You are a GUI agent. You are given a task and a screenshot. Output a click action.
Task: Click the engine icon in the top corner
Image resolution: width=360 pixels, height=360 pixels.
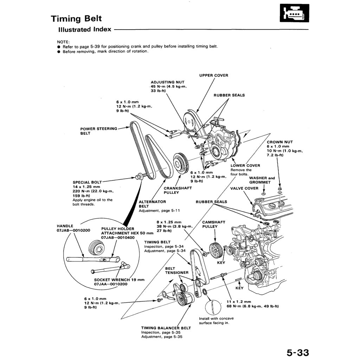click(294, 13)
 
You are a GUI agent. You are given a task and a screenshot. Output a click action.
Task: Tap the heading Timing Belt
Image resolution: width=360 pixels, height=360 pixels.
click(76, 18)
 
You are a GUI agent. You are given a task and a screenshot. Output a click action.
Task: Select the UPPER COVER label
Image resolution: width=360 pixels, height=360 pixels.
click(213, 75)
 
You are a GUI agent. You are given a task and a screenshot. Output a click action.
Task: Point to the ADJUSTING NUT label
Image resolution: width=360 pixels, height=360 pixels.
click(167, 82)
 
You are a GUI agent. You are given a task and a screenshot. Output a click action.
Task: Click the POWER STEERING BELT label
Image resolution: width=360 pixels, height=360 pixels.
click(98, 131)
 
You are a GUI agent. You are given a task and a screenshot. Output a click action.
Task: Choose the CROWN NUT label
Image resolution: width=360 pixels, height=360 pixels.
click(279, 142)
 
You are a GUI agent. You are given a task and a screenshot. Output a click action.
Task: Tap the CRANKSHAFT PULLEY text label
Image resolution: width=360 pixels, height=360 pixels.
click(178, 190)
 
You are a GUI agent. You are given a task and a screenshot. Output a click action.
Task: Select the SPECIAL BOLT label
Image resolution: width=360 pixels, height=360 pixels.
click(87, 182)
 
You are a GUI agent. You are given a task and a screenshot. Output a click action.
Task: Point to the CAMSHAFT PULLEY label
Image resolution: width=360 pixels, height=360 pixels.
click(213, 224)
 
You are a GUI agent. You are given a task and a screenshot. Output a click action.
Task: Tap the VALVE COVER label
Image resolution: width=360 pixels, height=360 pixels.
click(244, 188)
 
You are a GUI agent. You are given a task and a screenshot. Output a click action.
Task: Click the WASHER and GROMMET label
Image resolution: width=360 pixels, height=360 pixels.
click(262, 180)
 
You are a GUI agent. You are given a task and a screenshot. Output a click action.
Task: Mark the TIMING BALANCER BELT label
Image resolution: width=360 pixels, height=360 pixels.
click(166, 328)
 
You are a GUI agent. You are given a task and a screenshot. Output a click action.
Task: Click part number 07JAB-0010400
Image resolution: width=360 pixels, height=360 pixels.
click(118, 238)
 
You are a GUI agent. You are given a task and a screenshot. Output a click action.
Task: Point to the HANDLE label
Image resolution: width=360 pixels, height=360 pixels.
click(65, 226)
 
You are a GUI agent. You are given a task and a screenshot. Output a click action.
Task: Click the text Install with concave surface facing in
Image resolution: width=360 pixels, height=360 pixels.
click(216, 321)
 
